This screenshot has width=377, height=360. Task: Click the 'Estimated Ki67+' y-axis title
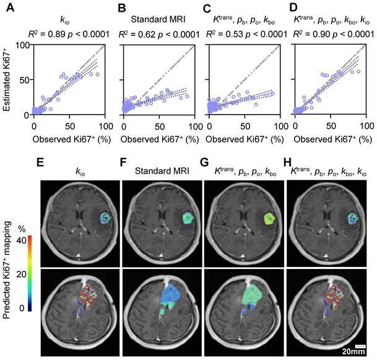(x=8, y=81)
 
